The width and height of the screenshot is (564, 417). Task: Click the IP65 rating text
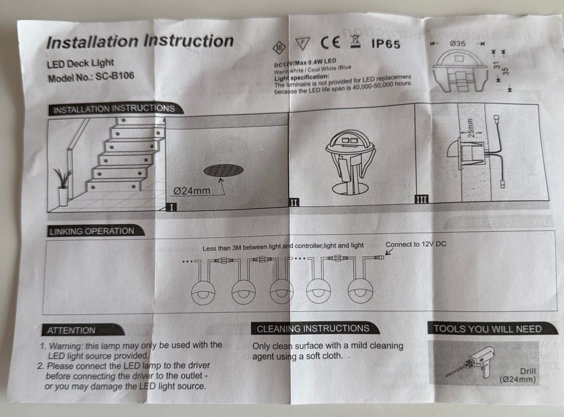(385, 43)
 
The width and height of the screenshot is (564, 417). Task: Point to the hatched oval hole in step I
(223, 170)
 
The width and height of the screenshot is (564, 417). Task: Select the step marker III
(421, 199)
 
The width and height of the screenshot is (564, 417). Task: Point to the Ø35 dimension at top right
(458, 43)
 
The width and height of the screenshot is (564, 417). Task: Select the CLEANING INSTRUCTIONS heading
(313, 329)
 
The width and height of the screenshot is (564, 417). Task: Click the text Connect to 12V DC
(415, 244)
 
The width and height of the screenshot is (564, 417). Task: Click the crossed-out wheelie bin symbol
(354, 41)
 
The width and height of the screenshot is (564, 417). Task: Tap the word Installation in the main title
(92, 42)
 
